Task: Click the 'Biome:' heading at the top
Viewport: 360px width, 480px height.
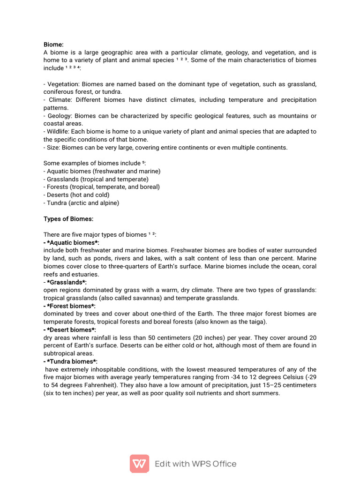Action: pos(53,45)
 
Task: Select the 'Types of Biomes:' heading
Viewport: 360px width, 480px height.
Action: pos(68,219)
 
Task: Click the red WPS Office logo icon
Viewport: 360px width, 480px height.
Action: pos(139,464)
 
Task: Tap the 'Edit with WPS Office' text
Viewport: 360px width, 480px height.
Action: pos(195,464)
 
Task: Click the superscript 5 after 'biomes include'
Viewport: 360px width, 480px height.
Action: pos(143,163)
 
